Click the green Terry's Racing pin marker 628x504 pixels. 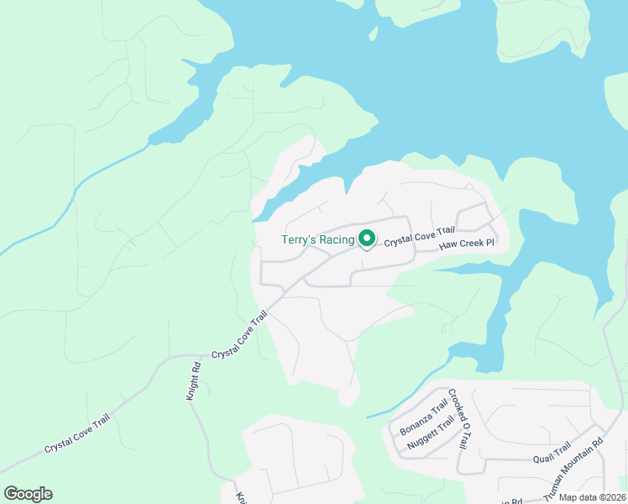pyautogui.click(x=367, y=239)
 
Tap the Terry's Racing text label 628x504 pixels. pyautogui.click(x=318, y=240)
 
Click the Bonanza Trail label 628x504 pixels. pyautogui.click(x=424, y=415)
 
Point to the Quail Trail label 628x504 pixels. pyautogui.click(x=552, y=454)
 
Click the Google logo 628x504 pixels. pyautogui.click(x=28, y=494)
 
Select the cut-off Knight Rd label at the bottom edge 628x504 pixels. pyautogui.click(x=239, y=498)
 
